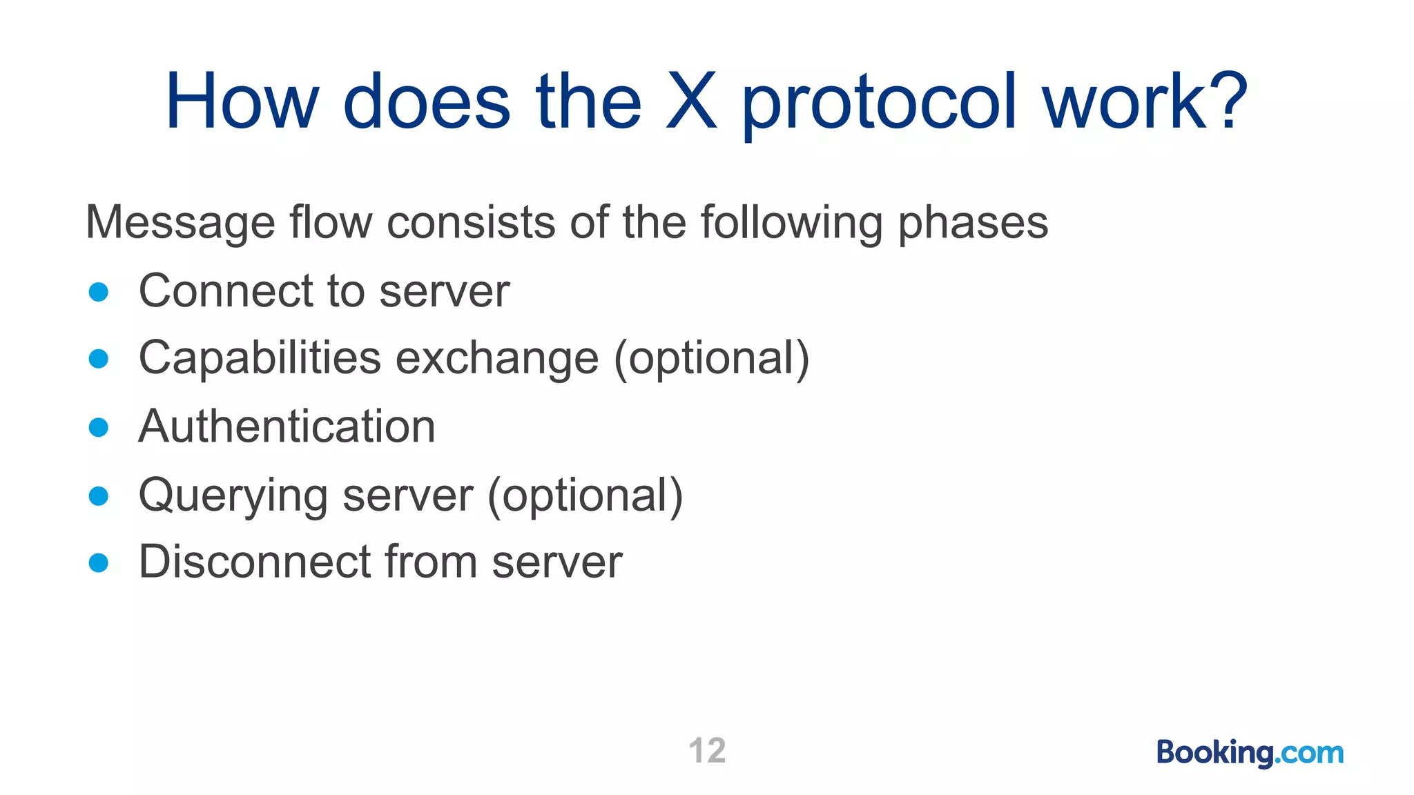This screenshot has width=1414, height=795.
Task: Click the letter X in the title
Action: pos(691,102)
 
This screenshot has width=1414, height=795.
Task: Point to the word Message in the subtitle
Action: pos(180,224)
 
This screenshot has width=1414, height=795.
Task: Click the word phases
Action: pos(973,224)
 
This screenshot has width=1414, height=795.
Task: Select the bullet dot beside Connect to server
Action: pos(99,292)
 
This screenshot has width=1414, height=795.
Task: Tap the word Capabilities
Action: pos(260,358)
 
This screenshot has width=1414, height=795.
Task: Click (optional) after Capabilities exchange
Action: pos(712,358)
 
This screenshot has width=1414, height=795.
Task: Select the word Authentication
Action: pos(287,426)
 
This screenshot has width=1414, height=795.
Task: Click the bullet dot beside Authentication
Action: pos(99,427)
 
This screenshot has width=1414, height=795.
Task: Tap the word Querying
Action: pos(233,495)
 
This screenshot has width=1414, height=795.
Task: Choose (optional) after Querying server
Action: pos(585,495)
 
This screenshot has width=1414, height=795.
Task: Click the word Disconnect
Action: pos(254,561)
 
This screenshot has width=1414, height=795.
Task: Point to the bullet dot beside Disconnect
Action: pos(99,562)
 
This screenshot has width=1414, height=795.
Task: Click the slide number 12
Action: pos(707,751)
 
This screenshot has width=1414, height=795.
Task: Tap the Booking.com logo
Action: pos(1250,752)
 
